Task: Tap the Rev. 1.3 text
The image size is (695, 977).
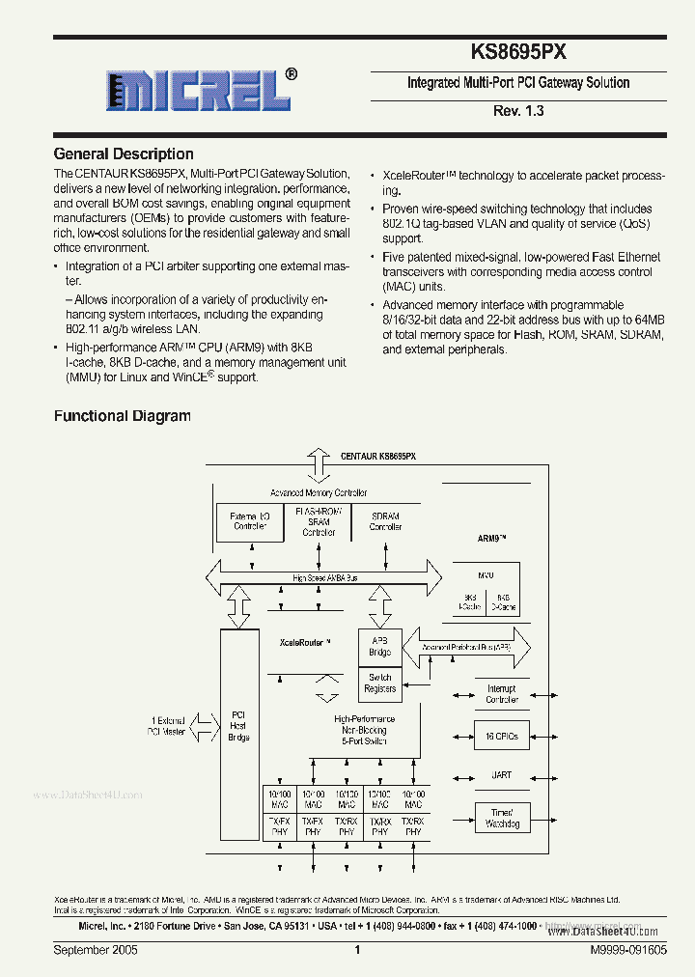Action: point(518,111)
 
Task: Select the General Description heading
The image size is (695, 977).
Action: point(124,154)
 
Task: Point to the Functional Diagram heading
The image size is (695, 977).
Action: point(122,416)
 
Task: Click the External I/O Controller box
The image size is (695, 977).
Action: point(250,522)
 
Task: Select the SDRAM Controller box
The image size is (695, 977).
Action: point(385,521)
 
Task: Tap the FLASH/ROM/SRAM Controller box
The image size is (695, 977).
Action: point(319,520)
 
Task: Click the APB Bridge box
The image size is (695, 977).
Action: point(379,645)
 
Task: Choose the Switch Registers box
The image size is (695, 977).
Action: point(379,683)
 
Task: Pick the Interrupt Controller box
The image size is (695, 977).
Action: point(501,693)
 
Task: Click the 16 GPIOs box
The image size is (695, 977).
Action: point(501,736)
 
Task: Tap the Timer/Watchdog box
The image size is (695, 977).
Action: point(501,818)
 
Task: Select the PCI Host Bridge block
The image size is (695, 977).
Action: point(238,726)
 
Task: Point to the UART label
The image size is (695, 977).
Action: point(501,775)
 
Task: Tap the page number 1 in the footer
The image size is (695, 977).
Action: point(356,951)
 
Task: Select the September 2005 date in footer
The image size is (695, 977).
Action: point(96,951)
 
